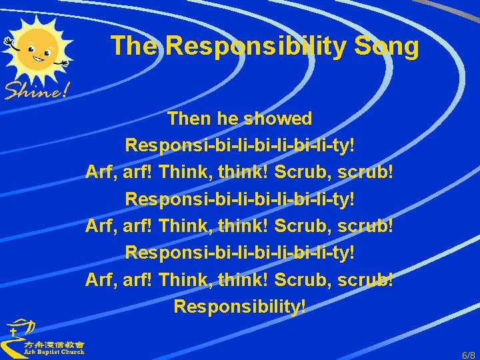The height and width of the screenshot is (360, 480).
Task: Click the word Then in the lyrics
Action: [190, 119]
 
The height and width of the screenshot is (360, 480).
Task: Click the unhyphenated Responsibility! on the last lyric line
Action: [240, 306]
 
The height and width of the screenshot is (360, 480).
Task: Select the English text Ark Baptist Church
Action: [53, 352]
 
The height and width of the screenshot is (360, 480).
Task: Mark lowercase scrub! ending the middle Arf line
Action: [367, 226]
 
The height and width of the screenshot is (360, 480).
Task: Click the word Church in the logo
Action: [72, 352]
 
